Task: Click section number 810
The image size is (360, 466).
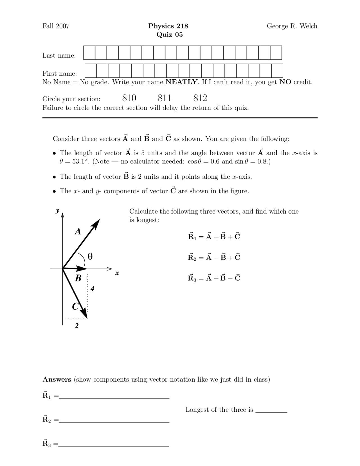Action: [x=129, y=98]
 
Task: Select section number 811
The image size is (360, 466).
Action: [x=165, y=98]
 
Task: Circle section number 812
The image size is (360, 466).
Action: [x=200, y=98]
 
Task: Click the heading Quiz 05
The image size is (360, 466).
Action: [x=170, y=35]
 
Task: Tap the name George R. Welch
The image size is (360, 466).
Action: [x=292, y=26]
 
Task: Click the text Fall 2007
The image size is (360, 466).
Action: [x=56, y=26]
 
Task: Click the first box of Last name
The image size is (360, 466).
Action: [x=89, y=53]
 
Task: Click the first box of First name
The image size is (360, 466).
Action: [x=91, y=71]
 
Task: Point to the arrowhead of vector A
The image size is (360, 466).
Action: [x=97, y=223]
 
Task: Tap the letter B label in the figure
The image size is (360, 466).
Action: [x=78, y=278]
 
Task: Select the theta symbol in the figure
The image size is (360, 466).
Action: [x=90, y=256]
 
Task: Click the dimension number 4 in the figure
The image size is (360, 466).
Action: [x=92, y=288]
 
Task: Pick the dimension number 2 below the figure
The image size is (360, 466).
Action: [x=76, y=326]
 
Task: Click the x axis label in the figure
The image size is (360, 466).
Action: [x=117, y=273]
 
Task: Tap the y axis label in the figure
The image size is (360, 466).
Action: [x=57, y=211]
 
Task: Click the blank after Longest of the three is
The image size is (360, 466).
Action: [x=271, y=410]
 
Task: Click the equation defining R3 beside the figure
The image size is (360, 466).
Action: [x=214, y=278]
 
